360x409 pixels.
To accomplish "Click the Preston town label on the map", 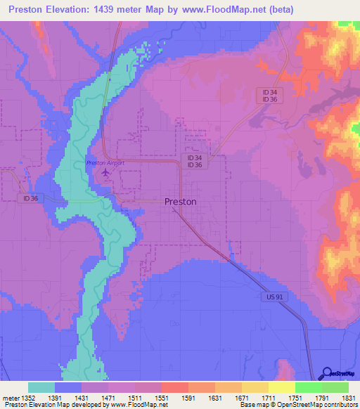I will pos(180,201).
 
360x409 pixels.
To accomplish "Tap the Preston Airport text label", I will pos(105,162).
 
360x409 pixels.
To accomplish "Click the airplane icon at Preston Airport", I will pos(106,171).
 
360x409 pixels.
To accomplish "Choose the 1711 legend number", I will pos(269,398).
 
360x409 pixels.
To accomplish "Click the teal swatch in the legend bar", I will pos(41,387).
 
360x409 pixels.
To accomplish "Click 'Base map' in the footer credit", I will pos(253,405).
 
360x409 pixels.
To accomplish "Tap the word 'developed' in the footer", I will pos(87,405).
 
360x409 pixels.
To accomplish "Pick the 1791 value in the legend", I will pos(321,398).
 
